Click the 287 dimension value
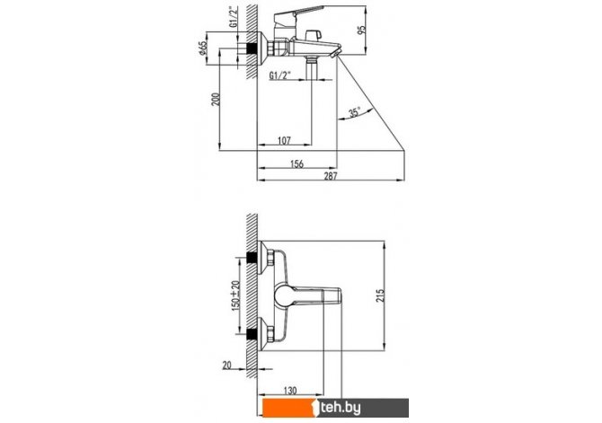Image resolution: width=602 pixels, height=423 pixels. coord(330,176)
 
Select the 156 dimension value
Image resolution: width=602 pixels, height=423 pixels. coord(297,164)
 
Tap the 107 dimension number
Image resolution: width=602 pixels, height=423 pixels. coord(284,141)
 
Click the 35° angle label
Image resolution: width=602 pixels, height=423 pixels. coord(354,112)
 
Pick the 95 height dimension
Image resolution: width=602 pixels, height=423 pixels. coord(362,30)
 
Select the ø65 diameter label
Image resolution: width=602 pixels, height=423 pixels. coord(203,48)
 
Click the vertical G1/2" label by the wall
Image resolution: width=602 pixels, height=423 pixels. coord(233,17)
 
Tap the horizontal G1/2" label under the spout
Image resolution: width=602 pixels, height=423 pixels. coord(279,75)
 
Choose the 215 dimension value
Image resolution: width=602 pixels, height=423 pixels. coord(380,295)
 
